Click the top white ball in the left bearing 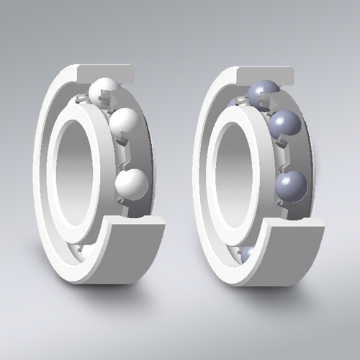point(104,91)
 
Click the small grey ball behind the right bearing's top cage point(234,103)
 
